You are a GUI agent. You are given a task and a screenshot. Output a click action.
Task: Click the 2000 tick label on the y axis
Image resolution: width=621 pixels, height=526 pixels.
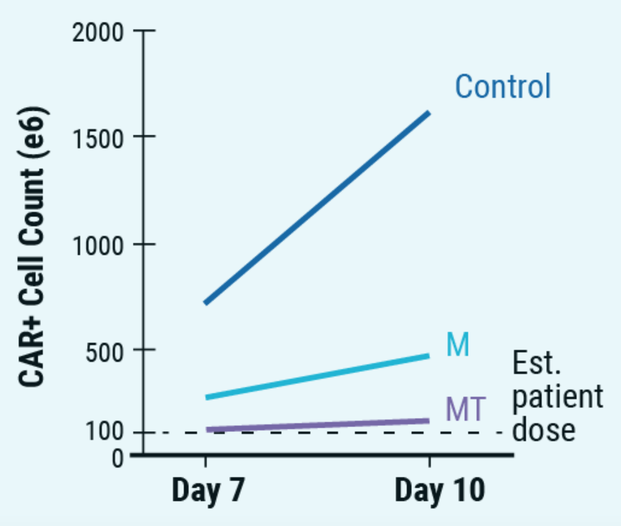click(x=98, y=33)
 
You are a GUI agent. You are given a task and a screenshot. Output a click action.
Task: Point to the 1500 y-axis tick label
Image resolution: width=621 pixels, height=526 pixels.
click(x=98, y=139)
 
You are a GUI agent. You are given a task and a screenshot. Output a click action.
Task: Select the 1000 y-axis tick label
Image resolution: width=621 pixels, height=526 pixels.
click(x=98, y=246)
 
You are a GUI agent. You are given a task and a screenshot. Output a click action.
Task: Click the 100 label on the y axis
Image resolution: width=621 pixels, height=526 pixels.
click(x=105, y=432)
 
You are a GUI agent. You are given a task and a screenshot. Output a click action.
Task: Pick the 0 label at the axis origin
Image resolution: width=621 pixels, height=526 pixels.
click(x=118, y=459)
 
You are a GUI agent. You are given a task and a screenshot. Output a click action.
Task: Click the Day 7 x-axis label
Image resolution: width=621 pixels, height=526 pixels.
click(x=208, y=490)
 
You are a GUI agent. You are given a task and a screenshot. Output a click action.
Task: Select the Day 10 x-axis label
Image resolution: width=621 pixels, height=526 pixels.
click(x=439, y=490)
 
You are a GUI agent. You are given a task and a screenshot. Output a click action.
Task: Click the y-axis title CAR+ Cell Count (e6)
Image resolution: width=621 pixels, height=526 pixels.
click(x=31, y=246)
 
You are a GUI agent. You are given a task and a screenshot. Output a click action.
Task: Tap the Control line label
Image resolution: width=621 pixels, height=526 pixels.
click(x=503, y=86)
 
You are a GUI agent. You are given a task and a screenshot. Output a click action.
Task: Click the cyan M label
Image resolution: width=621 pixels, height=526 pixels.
click(x=458, y=345)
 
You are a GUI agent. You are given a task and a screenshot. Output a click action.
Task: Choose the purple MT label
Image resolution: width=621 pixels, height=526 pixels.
click(x=465, y=409)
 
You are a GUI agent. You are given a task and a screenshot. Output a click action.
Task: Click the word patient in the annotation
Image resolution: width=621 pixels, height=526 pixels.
click(x=557, y=396)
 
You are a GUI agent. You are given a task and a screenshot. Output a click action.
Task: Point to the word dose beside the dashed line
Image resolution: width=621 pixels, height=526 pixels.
click(x=543, y=430)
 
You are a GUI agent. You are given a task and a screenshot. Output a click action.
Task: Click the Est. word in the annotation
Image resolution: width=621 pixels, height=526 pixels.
click(x=537, y=363)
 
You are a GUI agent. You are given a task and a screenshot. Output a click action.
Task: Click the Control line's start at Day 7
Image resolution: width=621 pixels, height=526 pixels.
click(x=206, y=303)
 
